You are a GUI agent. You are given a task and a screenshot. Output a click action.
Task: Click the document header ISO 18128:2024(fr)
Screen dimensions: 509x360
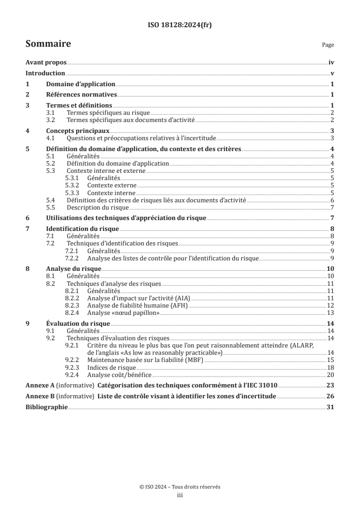click(180, 25)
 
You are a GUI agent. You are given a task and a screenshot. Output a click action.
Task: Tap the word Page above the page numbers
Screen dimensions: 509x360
click(328, 45)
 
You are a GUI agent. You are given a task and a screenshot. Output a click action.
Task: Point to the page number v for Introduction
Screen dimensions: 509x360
click(332, 73)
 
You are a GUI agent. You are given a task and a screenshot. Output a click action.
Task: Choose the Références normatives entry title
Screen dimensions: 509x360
click(82, 95)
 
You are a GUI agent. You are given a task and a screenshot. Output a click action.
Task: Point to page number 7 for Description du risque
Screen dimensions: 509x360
click(332, 207)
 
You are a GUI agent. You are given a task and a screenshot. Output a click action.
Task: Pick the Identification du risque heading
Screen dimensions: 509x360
click(83, 229)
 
